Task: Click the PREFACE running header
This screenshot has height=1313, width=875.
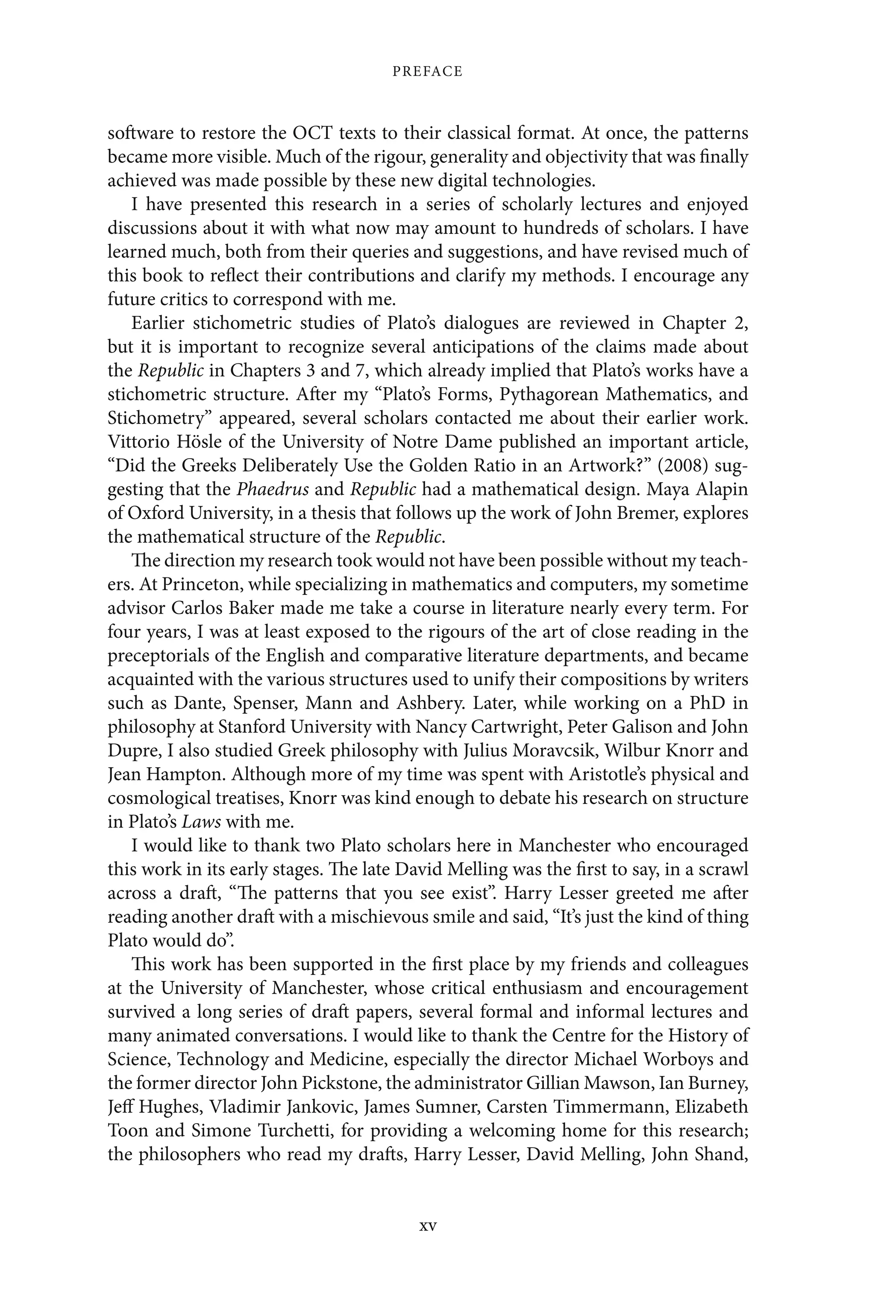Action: (427, 71)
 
